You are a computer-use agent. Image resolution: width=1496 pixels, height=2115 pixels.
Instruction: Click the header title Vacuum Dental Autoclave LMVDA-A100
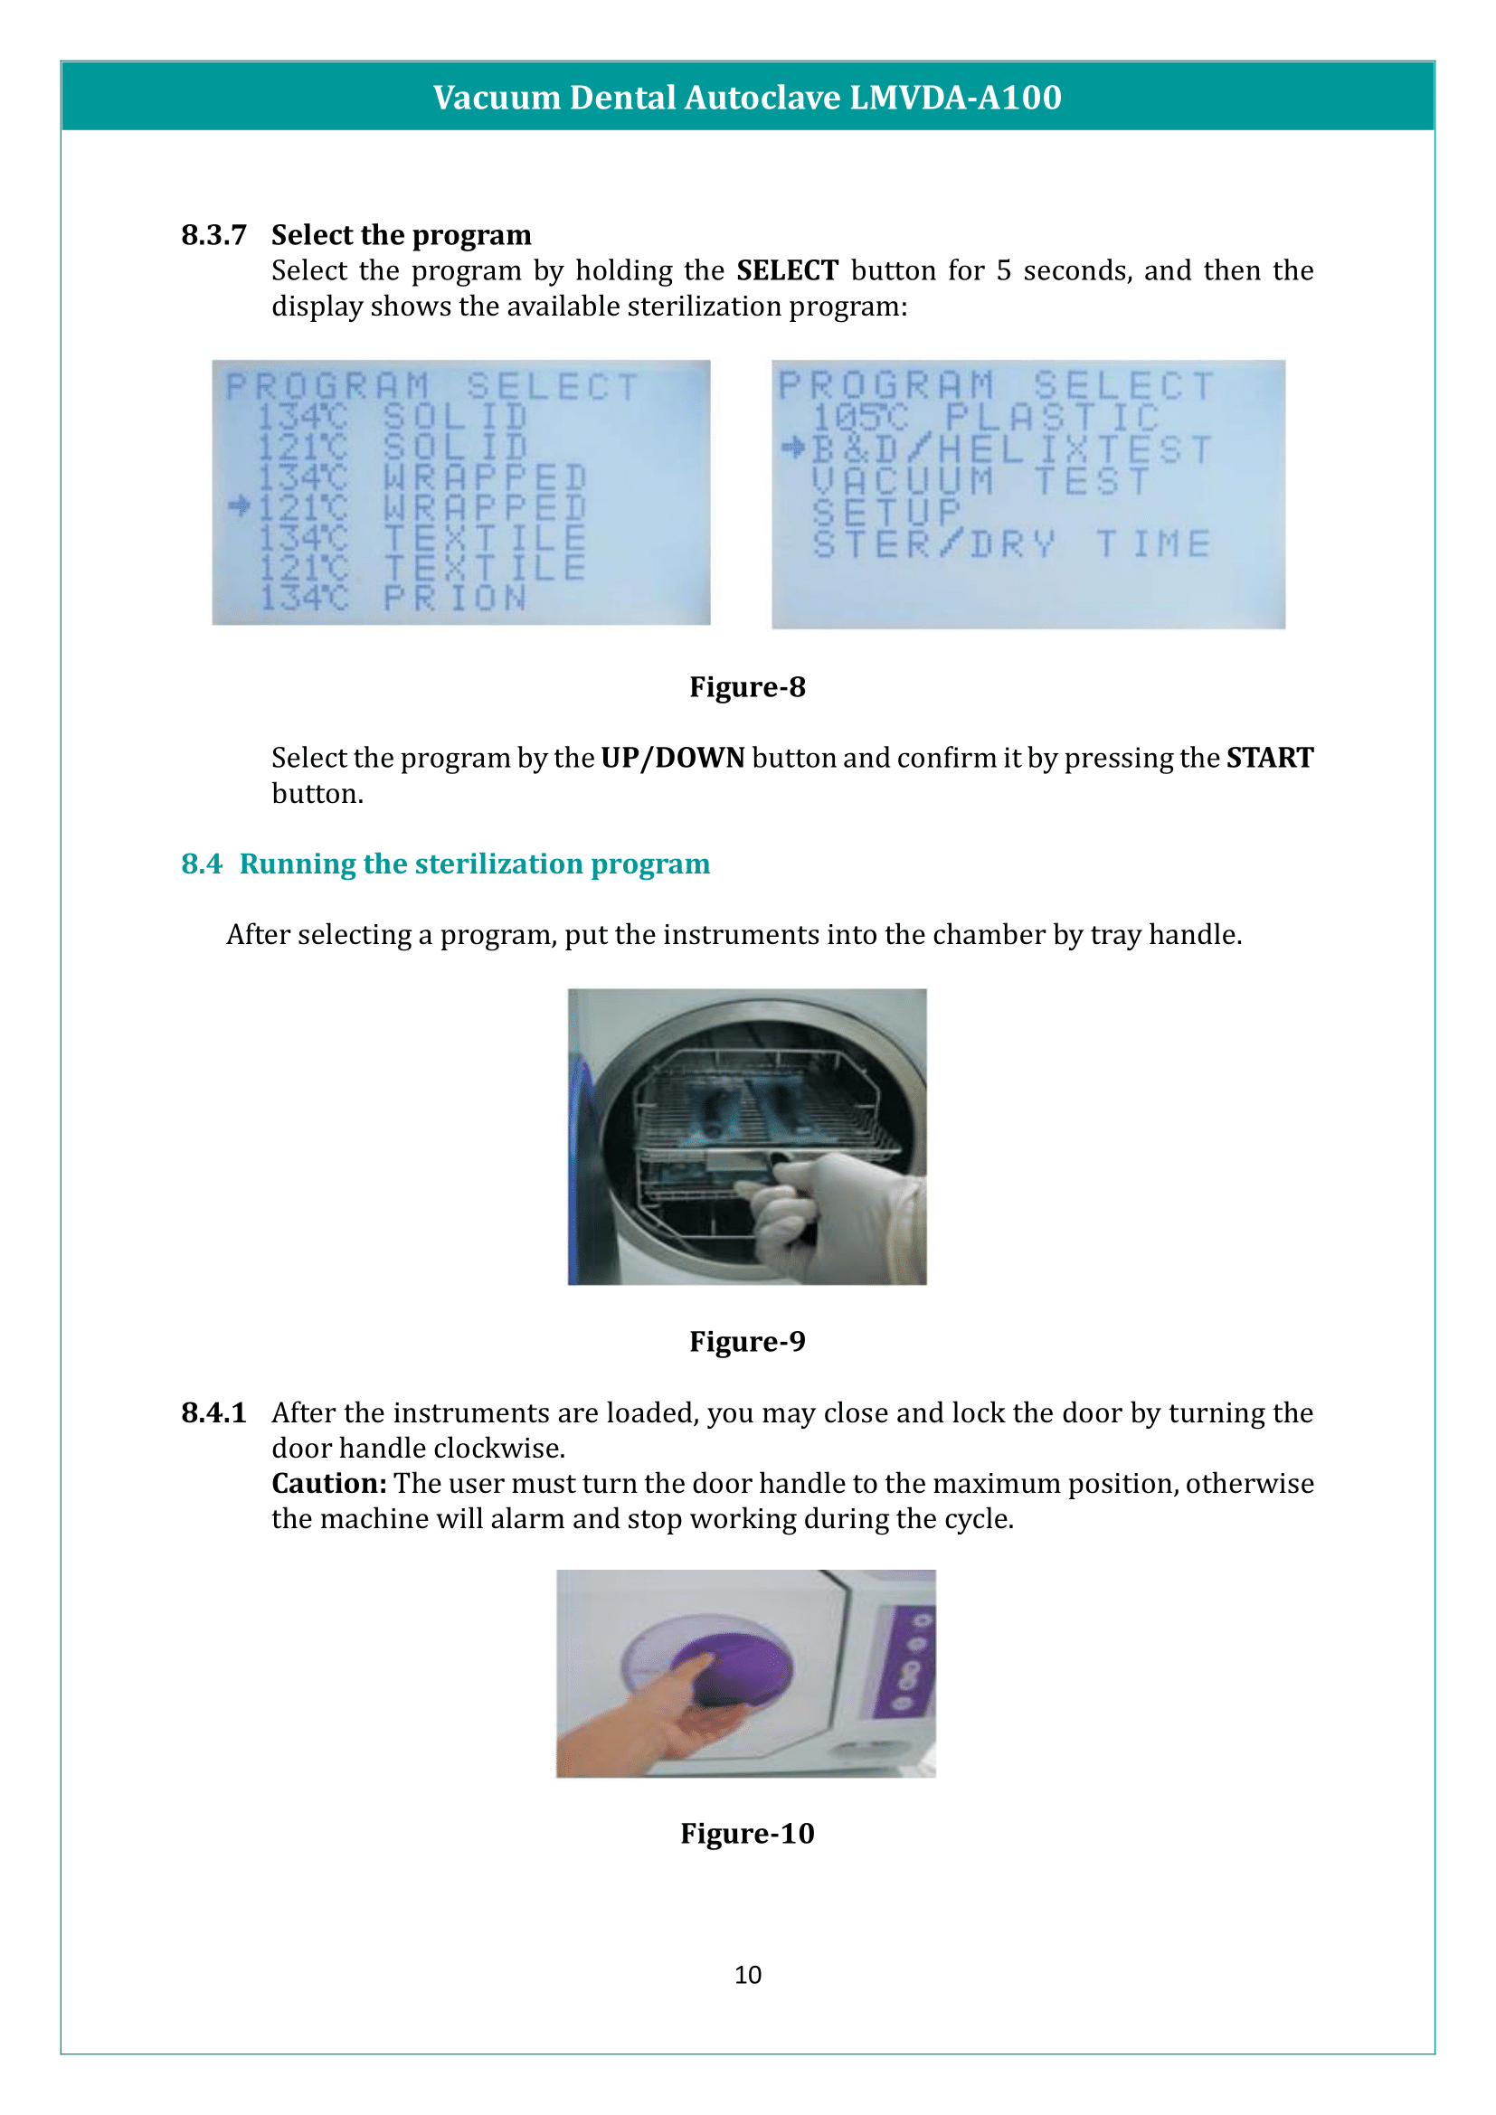tap(747, 97)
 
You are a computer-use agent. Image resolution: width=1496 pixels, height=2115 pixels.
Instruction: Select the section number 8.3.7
tap(213, 235)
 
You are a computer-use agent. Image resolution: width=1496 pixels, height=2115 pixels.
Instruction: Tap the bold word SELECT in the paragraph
tap(787, 271)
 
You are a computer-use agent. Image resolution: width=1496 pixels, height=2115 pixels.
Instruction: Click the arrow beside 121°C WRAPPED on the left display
tap(240, 505)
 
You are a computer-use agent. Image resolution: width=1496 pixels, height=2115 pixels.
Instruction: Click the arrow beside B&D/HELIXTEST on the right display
tap(792, 448)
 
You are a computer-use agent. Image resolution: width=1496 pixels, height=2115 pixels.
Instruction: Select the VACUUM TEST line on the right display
tap(980, 481)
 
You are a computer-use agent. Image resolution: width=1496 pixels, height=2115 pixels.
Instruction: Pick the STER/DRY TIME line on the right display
tap(1010, 543)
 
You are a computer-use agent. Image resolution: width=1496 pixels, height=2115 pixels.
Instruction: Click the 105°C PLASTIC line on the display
tap(984, 417)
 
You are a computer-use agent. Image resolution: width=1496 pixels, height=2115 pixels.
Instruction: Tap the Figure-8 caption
tap(747, 687)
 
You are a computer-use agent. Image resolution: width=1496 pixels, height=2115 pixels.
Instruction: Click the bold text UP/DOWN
tap(672, 758)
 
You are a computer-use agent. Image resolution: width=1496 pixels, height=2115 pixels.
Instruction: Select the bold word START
tap(1269, 758)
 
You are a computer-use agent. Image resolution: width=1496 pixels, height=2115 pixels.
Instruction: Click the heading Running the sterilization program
tap(475, 864)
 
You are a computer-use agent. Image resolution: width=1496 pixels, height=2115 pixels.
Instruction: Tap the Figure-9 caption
tap(747, 1341)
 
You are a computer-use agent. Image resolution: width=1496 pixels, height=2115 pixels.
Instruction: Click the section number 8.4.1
tap(213, 1413)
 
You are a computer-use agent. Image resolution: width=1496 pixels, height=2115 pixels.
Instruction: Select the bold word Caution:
tap(329, 1484)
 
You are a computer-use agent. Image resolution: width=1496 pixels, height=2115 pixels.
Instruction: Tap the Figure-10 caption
tap(747, 1833)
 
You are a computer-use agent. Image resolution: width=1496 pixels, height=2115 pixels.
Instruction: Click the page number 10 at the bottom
tap(747, 1975)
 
